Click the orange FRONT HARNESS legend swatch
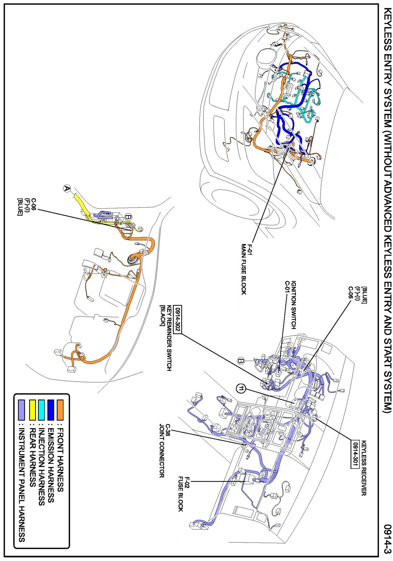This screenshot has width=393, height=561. pos(60,409)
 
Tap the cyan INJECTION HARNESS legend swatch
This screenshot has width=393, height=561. pos(42,409)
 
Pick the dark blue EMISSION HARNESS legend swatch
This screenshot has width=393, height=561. pos(51,409)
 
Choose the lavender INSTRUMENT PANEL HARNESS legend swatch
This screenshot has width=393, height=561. pos(22,409)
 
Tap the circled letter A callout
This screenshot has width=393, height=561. pos(67,188)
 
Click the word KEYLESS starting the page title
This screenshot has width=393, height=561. pos(387,31)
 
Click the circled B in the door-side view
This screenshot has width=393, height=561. pos(128,217)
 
